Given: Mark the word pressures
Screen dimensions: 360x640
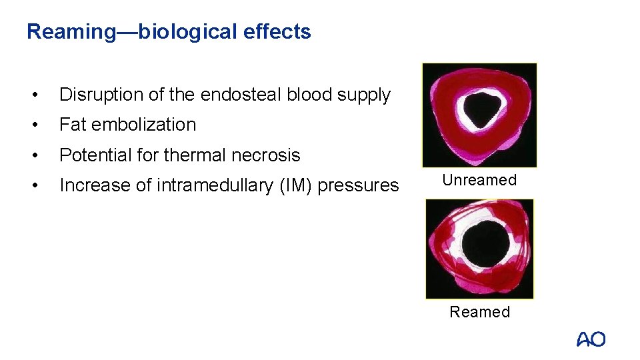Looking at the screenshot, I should (358, 185).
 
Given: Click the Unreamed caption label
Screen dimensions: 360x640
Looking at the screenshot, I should (479, 180).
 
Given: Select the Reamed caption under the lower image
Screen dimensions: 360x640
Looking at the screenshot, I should (479, 312).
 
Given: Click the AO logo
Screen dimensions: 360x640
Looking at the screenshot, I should (591, 339).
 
